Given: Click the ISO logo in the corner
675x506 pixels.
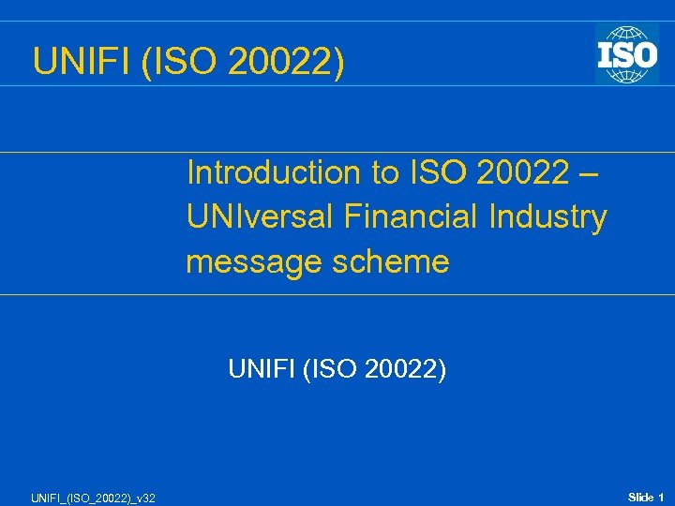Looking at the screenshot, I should pyautogui.click(x=626, y=53).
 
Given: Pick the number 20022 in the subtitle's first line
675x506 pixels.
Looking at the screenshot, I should pyautogui.click(x=522, y=173).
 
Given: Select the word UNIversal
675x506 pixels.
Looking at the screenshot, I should pyautogui.click(x=260, y=218).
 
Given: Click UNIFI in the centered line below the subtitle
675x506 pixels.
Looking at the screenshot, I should pyautogui.click(x=259, y=370).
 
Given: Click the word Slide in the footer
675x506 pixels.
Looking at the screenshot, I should pyautogui.click(x=640, y=496).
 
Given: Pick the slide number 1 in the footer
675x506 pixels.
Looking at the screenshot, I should pyautogui.click(x=661, y=496).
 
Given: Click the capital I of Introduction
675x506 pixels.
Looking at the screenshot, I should pyautogui.click(x=190, y=173).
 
